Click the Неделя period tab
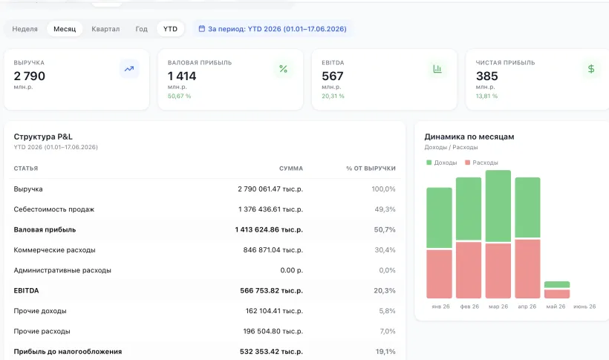25,29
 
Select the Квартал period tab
105,29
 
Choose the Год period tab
141,29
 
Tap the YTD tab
170,29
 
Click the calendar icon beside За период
201,29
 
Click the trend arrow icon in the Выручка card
129,69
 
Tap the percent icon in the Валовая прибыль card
283,69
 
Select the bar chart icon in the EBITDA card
437,69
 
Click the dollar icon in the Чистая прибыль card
591,69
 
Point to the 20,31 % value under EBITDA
333,96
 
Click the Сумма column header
291,168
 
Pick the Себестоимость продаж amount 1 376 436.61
270,209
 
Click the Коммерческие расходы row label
54,250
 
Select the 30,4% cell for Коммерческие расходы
385,250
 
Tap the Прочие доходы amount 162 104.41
274,311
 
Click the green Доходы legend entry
442,163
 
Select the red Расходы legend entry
481,163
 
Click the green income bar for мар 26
498,206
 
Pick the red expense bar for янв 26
439,274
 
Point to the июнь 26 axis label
584,307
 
